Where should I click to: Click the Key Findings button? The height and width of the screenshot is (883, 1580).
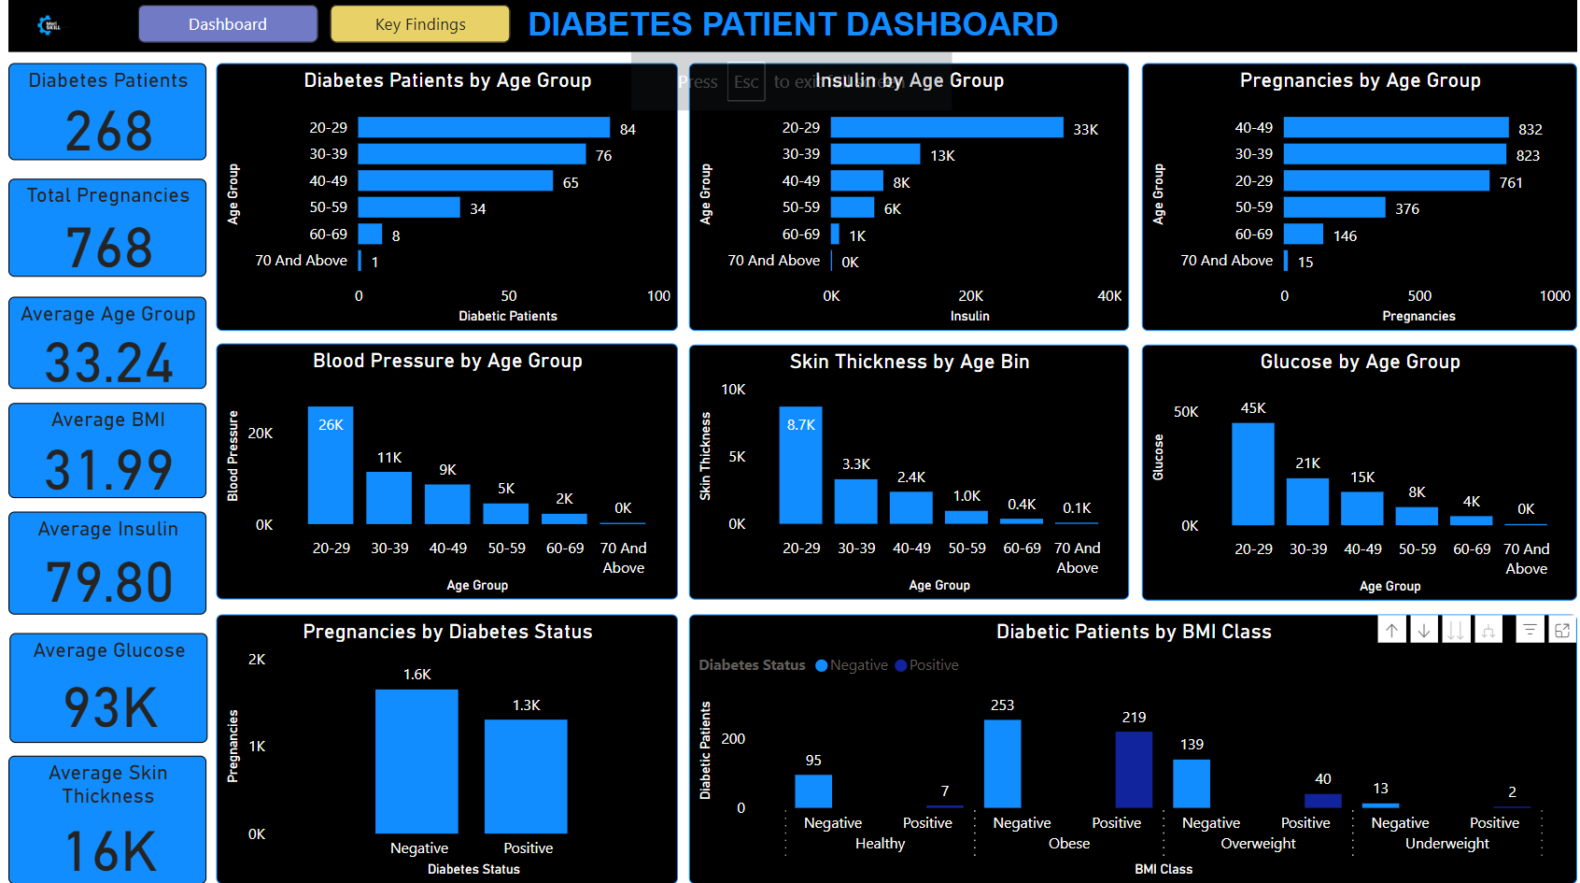point(420,24)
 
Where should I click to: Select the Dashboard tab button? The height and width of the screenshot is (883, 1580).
point(228,24)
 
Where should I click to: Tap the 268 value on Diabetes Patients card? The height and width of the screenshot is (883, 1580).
point(108,131)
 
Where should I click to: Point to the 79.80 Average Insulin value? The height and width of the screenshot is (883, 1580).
point(109,582)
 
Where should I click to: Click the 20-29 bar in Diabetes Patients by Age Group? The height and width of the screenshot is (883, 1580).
point(484,128)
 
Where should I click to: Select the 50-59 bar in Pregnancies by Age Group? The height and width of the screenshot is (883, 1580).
point(1333,207)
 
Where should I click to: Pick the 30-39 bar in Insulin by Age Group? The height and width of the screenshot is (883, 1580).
point(875,154)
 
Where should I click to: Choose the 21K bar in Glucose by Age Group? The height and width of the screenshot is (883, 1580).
point(1307,502)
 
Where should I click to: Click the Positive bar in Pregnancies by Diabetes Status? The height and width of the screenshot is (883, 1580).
point(526,776)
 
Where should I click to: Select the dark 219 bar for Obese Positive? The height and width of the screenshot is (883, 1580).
point(1134,769)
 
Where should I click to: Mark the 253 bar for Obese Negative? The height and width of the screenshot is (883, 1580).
point(1002,763)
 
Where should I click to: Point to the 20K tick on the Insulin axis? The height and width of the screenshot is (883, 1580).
point(970,296)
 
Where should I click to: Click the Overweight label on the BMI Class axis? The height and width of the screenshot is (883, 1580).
point(1258,844)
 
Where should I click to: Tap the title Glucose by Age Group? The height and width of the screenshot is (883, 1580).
point(1360,362)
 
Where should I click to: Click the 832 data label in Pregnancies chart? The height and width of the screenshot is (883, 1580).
point(1531,129)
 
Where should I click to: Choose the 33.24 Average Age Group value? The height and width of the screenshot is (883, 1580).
point(109,363)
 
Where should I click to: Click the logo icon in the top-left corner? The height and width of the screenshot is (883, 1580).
point(49,25)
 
